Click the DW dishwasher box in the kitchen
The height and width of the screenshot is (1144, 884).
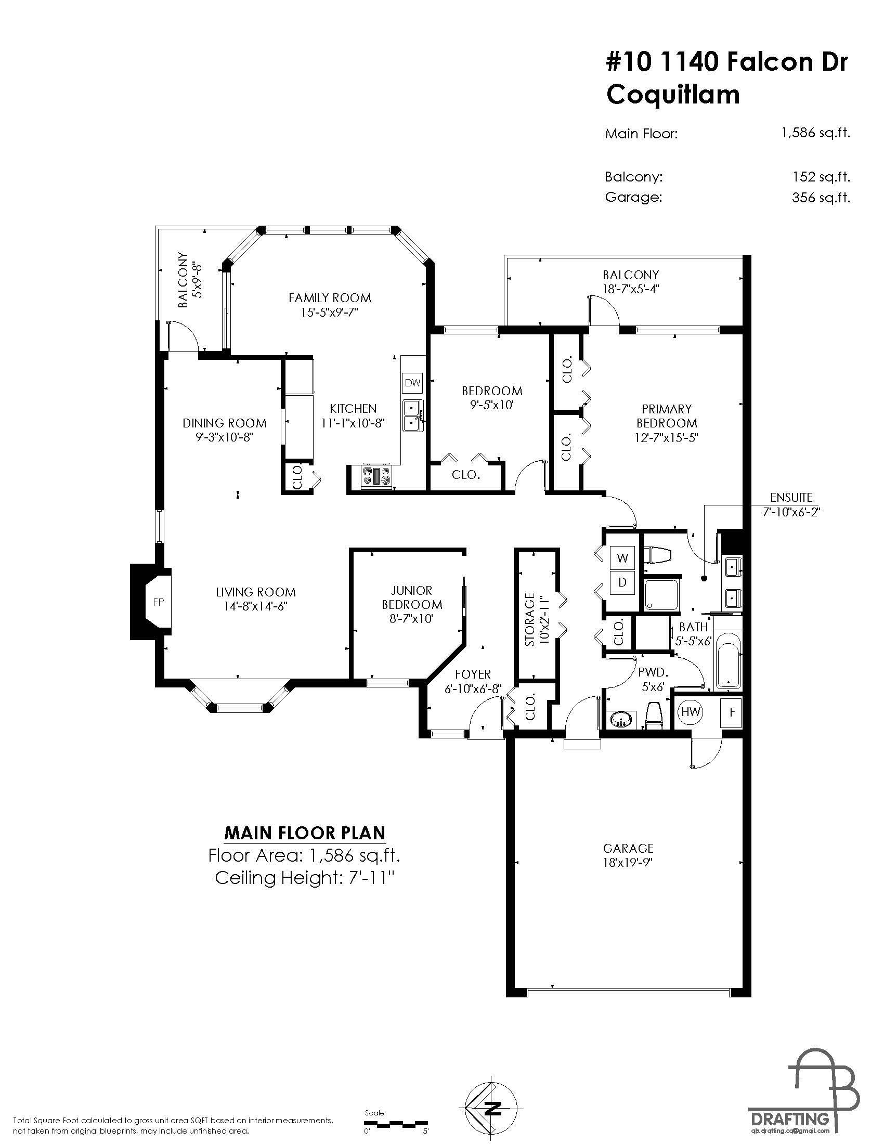[413, 382]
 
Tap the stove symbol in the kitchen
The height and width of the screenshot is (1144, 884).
[376, 476]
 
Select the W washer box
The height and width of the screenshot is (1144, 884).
[622, 558]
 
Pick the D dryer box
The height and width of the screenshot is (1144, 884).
[622, 582]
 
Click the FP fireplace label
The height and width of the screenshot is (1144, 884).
[158, 602]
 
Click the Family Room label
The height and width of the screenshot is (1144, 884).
[330, 298]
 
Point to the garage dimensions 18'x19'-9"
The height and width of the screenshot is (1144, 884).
[629, 863]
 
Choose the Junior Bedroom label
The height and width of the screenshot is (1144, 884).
[412, 597]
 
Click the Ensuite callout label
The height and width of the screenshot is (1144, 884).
[791, 498]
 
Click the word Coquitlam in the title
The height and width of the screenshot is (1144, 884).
[673, 95]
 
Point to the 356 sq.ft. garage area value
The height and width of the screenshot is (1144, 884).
[821, 198]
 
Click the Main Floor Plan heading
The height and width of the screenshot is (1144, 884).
[305, 833]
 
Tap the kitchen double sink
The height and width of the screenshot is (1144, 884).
[412, 415]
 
